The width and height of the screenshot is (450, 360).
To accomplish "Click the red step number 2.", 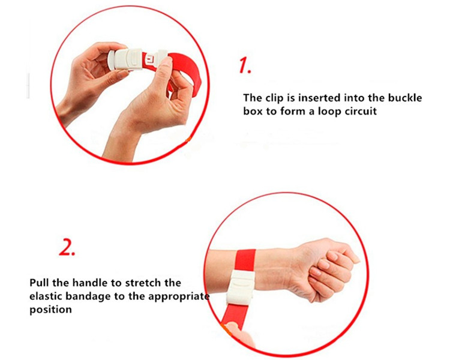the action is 67,247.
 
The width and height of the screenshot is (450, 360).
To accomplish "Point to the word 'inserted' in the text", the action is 319,98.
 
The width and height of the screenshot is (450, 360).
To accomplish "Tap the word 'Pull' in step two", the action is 40,283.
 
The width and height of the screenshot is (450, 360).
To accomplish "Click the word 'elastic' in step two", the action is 46,296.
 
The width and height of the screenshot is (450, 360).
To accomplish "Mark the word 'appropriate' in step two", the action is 179,296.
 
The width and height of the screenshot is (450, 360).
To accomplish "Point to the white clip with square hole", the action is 156,59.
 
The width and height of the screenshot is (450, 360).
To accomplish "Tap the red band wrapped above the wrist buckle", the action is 245,260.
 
